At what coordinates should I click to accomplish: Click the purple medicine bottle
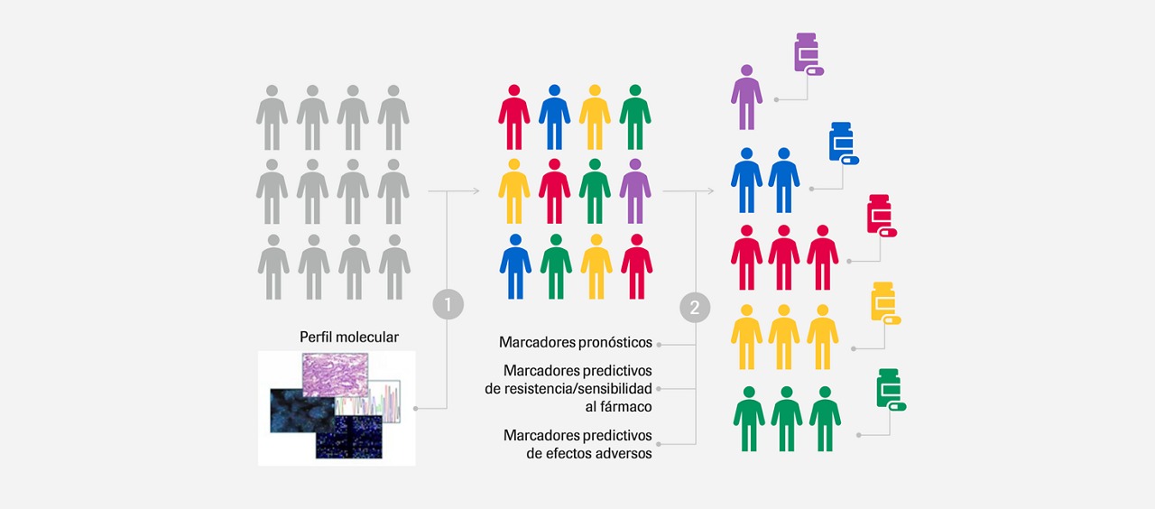(807, 52)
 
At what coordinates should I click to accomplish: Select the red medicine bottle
(879, 214)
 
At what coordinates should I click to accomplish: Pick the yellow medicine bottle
(883, 301)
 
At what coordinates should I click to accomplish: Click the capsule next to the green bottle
(898, 406)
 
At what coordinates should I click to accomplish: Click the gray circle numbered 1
(448, 304)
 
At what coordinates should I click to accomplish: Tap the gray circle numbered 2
(695, 308)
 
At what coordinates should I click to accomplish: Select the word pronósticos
(614, 343)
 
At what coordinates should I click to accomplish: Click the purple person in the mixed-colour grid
(635, 190)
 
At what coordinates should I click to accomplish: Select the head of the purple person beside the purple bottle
(746, 70)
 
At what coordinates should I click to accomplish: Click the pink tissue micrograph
(335, 375)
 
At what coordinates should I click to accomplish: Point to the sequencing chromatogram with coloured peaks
(367, 402)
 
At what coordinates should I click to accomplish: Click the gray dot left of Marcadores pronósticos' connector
(659, 345)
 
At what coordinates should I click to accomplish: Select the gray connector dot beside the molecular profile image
(416, 409)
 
